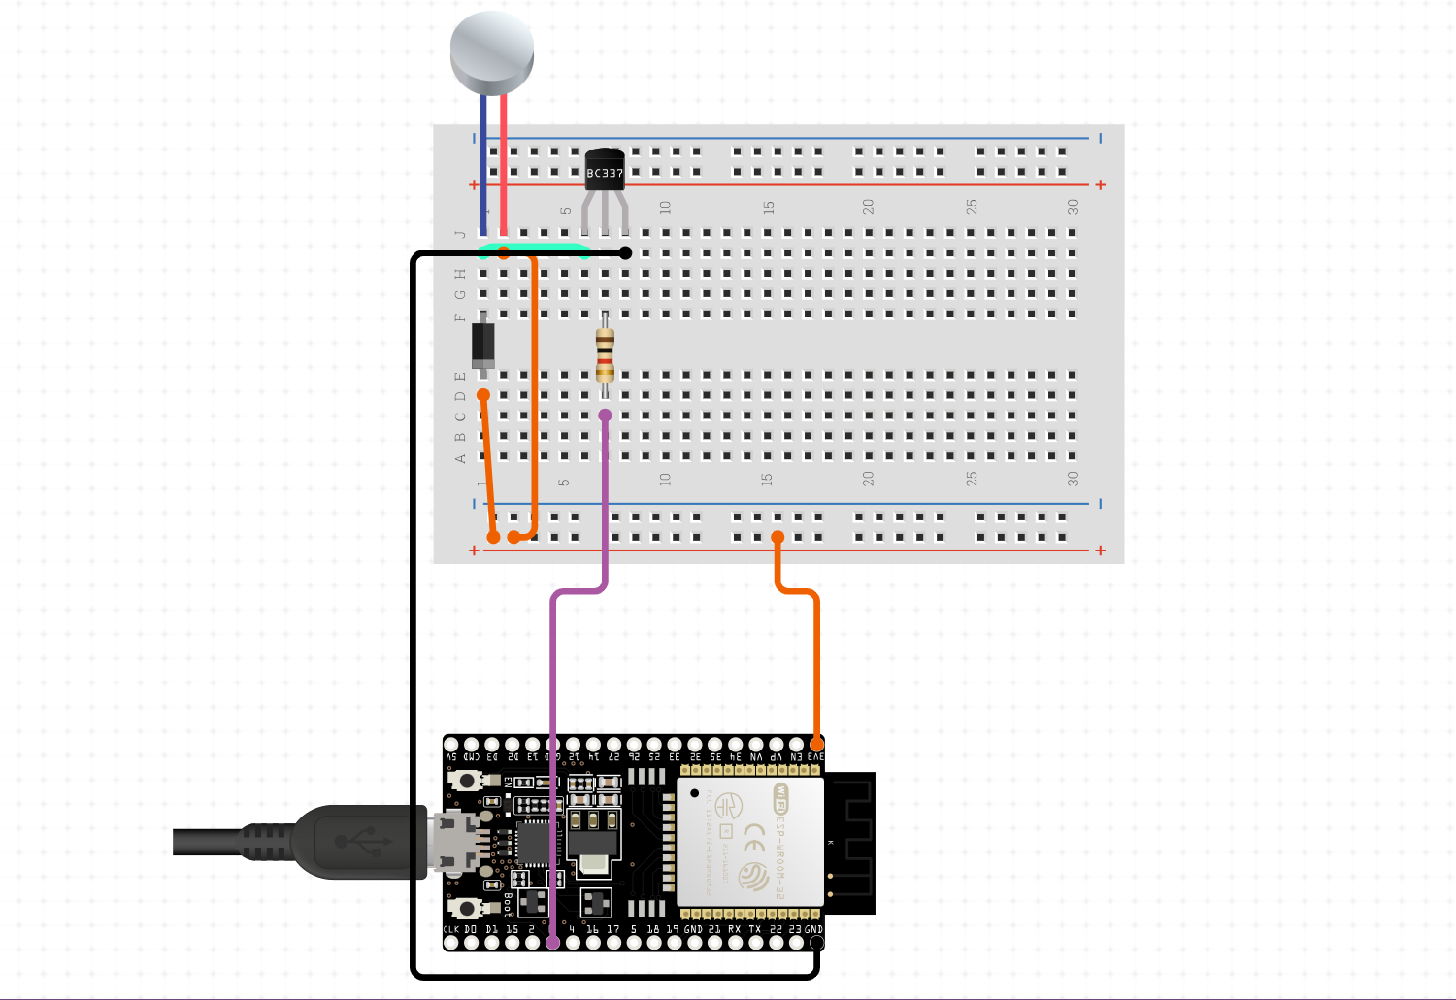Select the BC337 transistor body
tap(604, 169)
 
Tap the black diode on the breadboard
tap(482, 345)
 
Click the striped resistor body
tap(605, 354)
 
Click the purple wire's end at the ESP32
tap(552, 942)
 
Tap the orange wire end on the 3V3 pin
tap(816, 744)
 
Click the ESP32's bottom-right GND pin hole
tap(816, 943)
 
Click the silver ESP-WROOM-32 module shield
tap(749, 842)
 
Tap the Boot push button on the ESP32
tap(467, 909)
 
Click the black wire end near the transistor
tap(626, 253)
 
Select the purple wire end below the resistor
tap(605, 416)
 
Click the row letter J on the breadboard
tap(460, 234)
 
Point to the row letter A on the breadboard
tap(460, 458)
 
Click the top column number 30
tap(1073, 207)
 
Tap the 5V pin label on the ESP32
tap(451, 757)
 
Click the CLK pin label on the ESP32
tap(451, 929)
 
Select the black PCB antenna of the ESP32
tap(852, 843)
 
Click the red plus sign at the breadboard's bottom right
tap(1100, 550)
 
